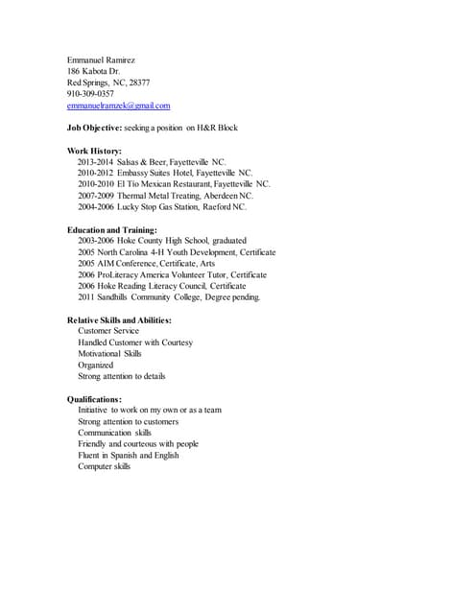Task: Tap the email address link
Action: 118,106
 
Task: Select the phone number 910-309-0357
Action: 90,94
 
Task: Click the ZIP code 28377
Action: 139,83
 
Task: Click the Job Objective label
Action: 94,128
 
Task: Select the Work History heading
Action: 94,151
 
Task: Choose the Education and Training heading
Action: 112,229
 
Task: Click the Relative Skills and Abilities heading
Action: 119,319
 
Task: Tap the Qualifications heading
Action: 94,398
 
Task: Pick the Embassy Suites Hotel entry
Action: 183,174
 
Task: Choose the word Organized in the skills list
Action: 95,365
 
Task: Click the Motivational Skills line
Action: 108,353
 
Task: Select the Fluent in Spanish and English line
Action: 128,456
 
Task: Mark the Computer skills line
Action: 104,467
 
